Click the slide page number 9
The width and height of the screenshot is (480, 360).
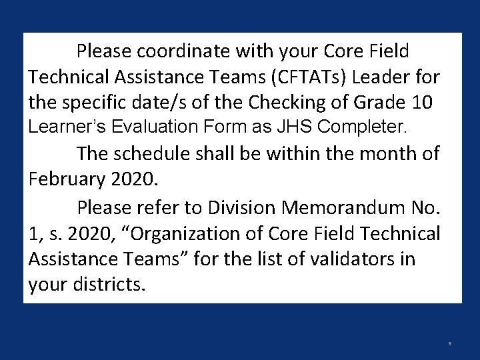(450, 344)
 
